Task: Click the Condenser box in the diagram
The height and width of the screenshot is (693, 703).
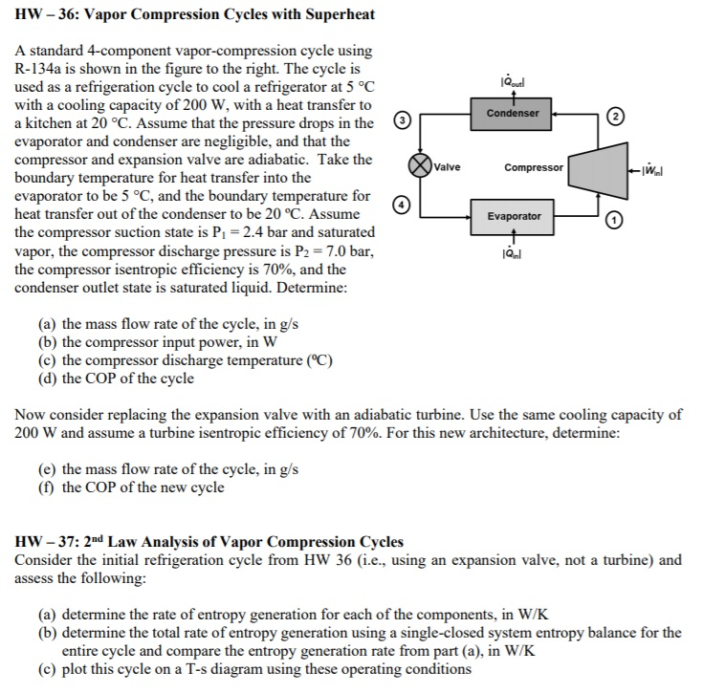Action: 513,114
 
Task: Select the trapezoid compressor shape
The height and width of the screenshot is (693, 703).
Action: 591,168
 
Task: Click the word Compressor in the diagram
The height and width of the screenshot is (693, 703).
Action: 533,167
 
